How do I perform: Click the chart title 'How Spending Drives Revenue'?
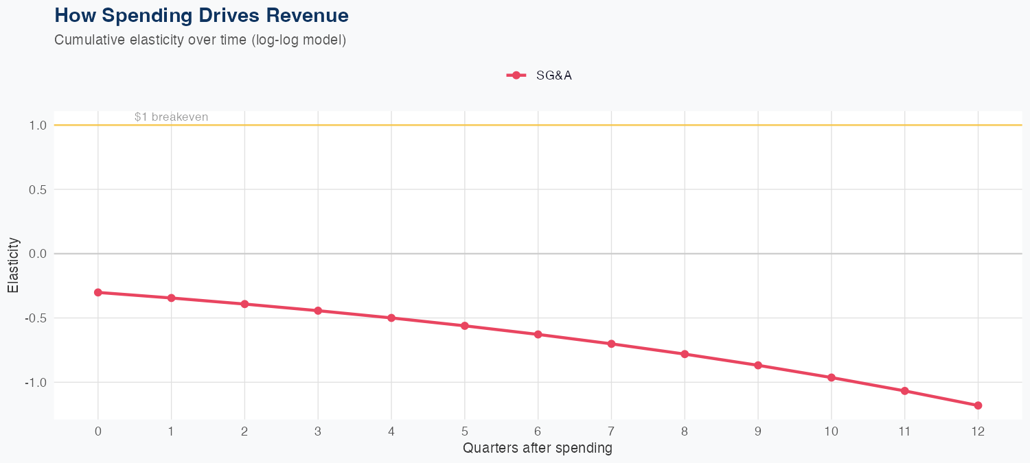pos(201,15)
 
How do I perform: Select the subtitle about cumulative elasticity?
pos(200,40)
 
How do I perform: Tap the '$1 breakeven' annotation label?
pos(171,117)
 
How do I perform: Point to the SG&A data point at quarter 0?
pos(98,292)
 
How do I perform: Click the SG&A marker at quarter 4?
pos(391,318)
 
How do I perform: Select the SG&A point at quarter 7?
pos(611,344)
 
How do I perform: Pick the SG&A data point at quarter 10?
pos(832,377)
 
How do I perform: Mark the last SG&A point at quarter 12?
pos(978,405)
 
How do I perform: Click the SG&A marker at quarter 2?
pos(244,304)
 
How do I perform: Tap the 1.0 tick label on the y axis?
pos(38,126)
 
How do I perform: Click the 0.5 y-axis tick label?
pos(38,189)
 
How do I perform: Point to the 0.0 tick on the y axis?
pos(38,254)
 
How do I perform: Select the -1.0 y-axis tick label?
pos(36,382)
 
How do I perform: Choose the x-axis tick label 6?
pos(538,431)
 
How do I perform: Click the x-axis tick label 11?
pos(904,431)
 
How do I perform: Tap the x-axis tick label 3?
pos(318,431)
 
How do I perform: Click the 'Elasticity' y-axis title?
pos(13,265)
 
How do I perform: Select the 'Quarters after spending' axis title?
pos(538,449)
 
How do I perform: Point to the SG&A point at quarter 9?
pos(758,366)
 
